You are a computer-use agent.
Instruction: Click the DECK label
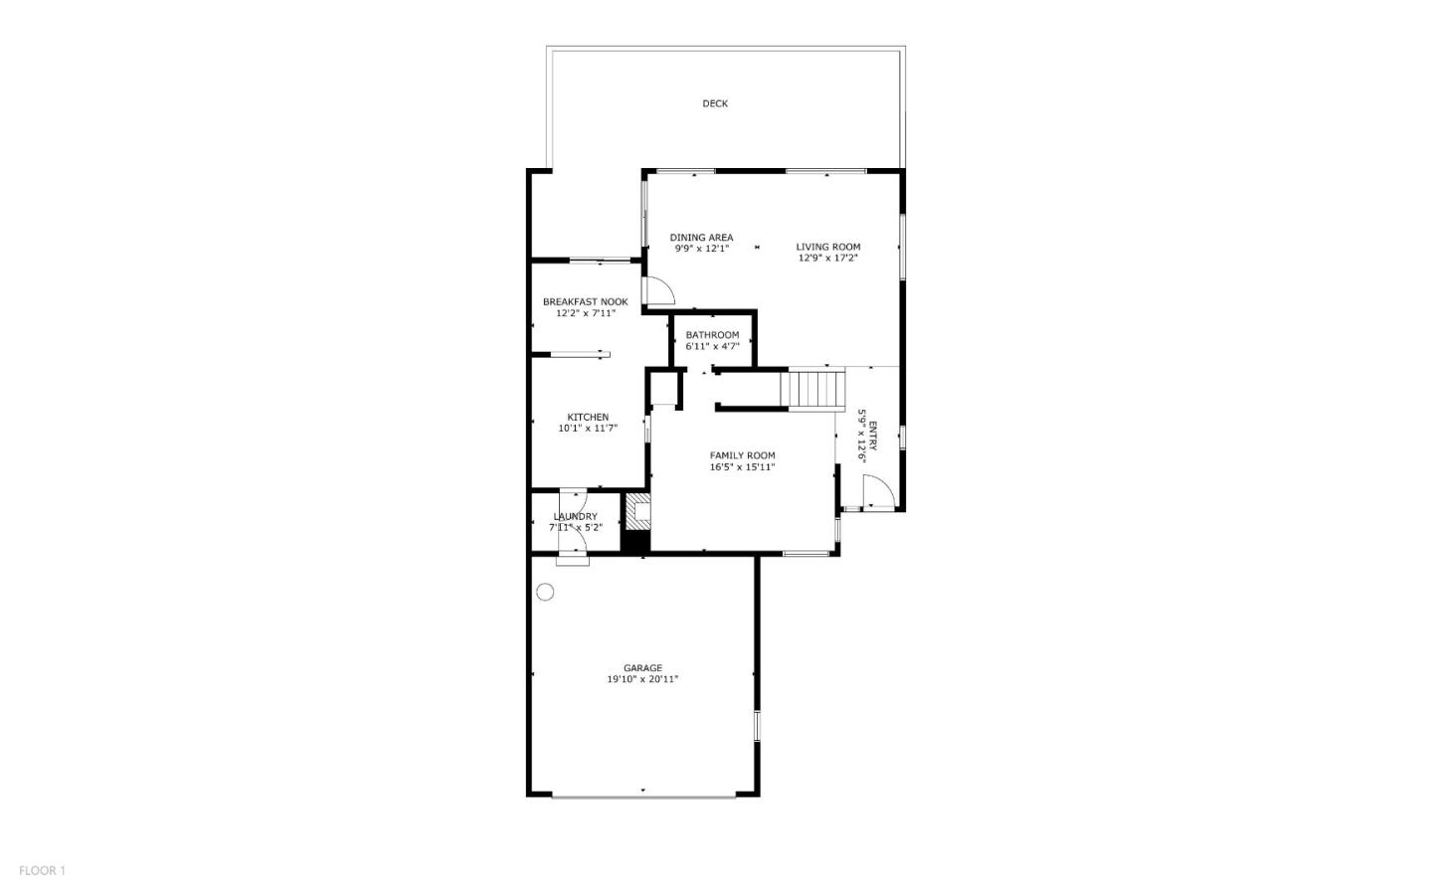click(x=715, y=103)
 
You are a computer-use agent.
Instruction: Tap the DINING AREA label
click(x=701, y=238)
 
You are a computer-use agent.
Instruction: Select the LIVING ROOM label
click(x=827, y=247)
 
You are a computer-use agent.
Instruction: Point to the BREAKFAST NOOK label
click(x=585, y=302)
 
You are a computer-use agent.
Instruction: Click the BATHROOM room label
click(x=712, y=335)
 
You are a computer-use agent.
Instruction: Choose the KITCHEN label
click(x=588, y=418)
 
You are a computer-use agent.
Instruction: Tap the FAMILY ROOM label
click(x=742, y=455)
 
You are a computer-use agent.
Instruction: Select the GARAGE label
click(x=642, y=668)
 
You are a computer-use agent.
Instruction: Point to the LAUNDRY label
click(x=575, y=517)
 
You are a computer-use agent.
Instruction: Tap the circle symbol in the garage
click(x=545, y=593)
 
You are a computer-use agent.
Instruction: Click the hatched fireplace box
click(x=636, y=511)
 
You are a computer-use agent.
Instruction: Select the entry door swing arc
click(x=876, y=491)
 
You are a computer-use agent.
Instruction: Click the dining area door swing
click(x=659, y=290)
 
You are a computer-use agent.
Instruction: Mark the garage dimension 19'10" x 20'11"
click(x=642, y=680)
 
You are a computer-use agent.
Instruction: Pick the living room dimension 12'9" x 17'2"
click(x=827, y=259)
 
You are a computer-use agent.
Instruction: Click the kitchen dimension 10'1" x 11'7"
click(x=588, y=429)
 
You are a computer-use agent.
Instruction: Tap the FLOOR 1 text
click(x=42, y=871)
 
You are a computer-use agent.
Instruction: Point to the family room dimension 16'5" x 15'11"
click(x=742, y=467)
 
